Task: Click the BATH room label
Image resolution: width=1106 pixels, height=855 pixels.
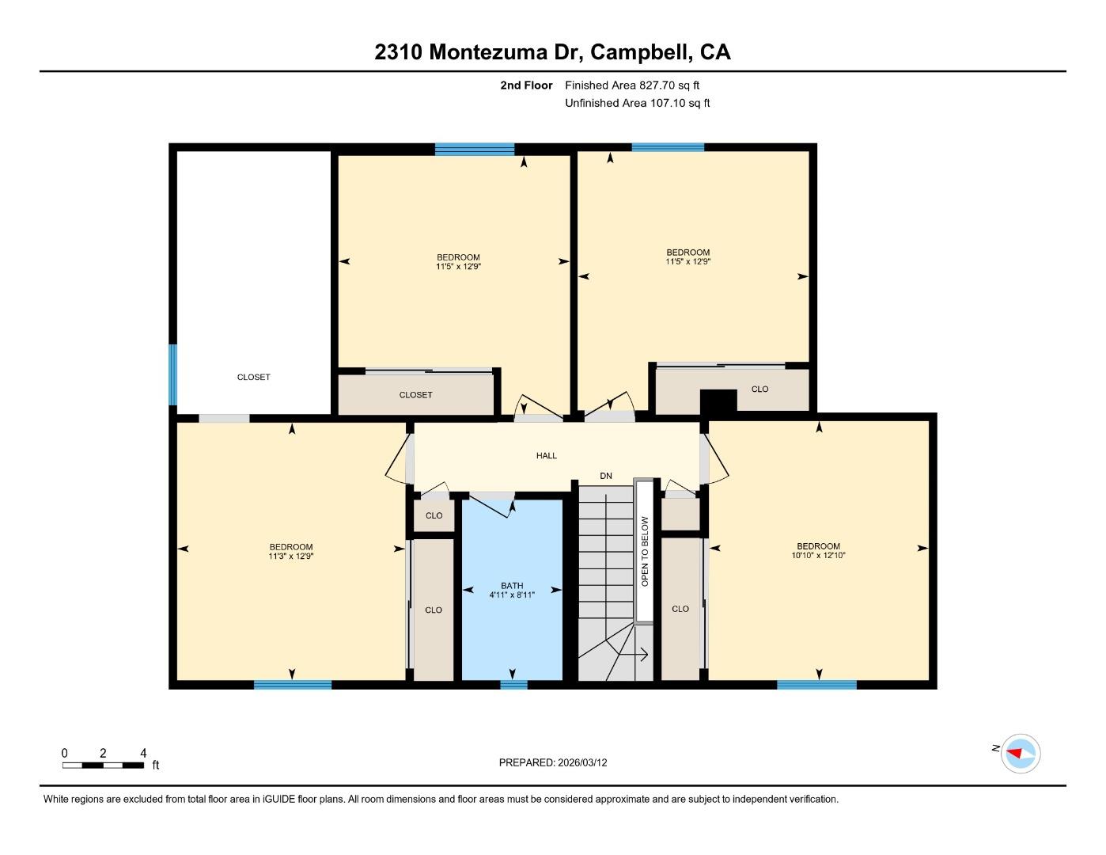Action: click(x=512, y=586)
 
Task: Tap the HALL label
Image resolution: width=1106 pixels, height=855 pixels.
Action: click(x=546, y=455)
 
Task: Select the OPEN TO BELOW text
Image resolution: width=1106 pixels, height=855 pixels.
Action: click(x=645, y=551)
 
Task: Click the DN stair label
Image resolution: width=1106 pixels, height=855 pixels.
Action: click(x=606, y=476)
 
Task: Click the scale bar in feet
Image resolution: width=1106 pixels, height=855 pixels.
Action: click(x=103, y=765)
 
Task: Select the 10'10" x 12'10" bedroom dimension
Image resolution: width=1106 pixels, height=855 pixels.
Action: click(x=818, y=556)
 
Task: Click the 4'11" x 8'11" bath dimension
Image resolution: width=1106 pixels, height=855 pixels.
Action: click(x=512, y=595)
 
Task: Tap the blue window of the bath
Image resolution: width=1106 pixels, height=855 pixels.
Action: click(x=513, y=685)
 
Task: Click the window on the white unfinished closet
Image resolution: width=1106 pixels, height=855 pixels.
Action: click(x=173, y=374)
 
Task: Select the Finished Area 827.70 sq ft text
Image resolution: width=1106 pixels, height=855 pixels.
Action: click(x=632, y=85)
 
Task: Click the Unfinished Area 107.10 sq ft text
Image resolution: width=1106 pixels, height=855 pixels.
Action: click(x=637, y=103)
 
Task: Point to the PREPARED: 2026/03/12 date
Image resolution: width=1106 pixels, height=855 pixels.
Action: click(x=553, y=762)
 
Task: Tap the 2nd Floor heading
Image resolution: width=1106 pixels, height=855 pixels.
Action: click(x=526, y=85)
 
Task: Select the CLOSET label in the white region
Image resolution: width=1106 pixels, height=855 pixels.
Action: click(x=253, y=377)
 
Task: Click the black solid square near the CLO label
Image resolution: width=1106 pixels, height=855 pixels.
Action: click(x=718, y=401)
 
